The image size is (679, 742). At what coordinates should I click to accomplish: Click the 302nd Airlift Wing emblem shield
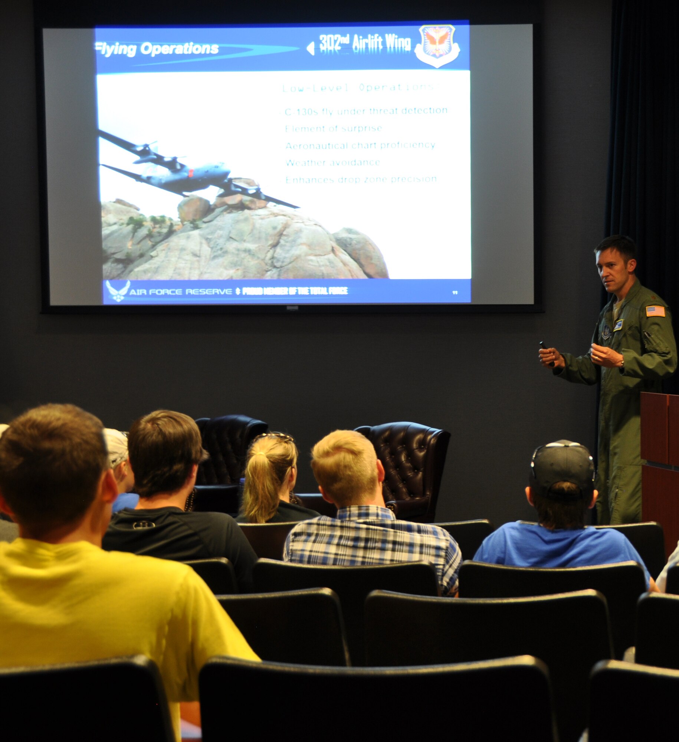tap(437, 45)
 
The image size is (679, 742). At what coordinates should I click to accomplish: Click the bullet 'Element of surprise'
tap(333, 128)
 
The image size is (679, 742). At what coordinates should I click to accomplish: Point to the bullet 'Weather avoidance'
tap(333, 162)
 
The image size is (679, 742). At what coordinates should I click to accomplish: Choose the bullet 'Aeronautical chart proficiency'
tap(360, 145)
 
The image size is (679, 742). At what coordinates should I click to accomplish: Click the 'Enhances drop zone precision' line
tap(361, 180)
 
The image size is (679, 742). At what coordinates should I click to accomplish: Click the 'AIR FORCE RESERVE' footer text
tap(180, 292)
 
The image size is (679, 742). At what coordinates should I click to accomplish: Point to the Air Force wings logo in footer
tap(118, 290)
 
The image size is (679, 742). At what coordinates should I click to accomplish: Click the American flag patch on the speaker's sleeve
tap(655, 311)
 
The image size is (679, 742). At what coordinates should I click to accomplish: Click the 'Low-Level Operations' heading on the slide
tap(360, 88)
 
